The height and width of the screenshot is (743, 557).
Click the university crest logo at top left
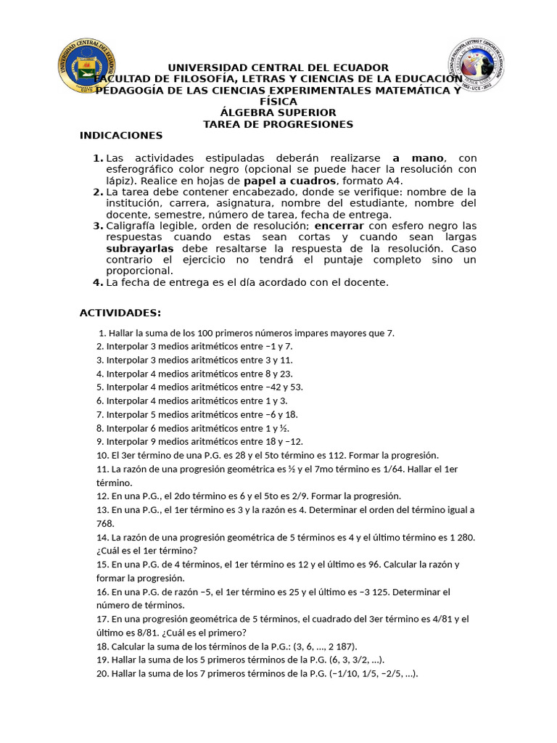tap(86, 66)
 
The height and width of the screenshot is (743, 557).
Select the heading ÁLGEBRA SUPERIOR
tap(278, 112)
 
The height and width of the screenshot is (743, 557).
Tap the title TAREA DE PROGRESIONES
tap(278, 124)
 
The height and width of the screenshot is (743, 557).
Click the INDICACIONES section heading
tap(121, 136)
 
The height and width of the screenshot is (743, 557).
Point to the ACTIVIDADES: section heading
tap(120, 313)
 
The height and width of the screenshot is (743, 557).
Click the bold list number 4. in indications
tap(98, 282)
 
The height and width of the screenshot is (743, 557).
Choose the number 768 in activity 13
tap(105, 523)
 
